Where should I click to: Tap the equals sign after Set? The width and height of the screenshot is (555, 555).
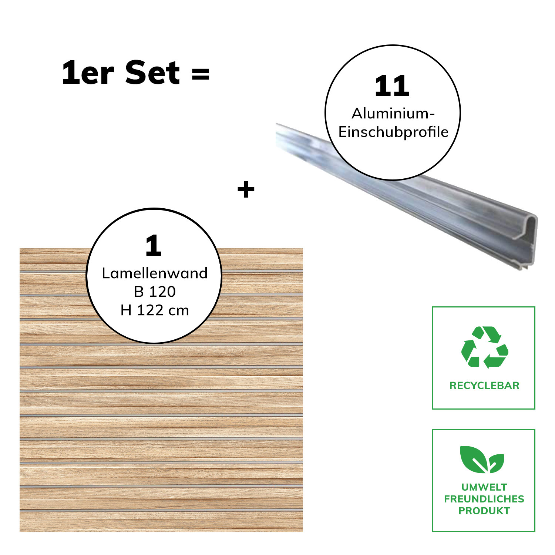[x=200, y=74]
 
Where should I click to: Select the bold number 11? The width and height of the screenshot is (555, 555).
[x=392, y=86]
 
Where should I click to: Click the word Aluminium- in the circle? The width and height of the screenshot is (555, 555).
[x=393, y=114]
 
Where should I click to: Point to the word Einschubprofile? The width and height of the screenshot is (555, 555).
[x=393, y=132]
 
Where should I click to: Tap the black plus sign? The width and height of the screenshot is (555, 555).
[x=246, y=190]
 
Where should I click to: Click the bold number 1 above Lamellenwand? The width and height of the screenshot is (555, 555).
[x=154, y=246]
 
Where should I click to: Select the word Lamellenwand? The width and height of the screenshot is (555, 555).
[x=155, y=273]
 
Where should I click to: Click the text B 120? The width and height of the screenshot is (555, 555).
[x=155, y=292]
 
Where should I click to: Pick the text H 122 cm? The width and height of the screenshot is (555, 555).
[x=155, y=310]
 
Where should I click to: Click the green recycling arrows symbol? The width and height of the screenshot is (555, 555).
[x=484, y=347]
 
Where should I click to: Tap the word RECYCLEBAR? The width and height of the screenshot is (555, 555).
[x=484, y=386]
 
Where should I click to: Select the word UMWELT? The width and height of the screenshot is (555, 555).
[x=484, y=487]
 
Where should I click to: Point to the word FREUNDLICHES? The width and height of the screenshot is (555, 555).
[x=484, y=499]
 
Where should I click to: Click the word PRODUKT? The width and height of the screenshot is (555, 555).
[x=484, y=511]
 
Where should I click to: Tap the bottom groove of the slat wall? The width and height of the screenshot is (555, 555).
[x=161, y=510]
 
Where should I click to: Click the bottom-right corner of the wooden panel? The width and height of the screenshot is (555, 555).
[x=303, y=531]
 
